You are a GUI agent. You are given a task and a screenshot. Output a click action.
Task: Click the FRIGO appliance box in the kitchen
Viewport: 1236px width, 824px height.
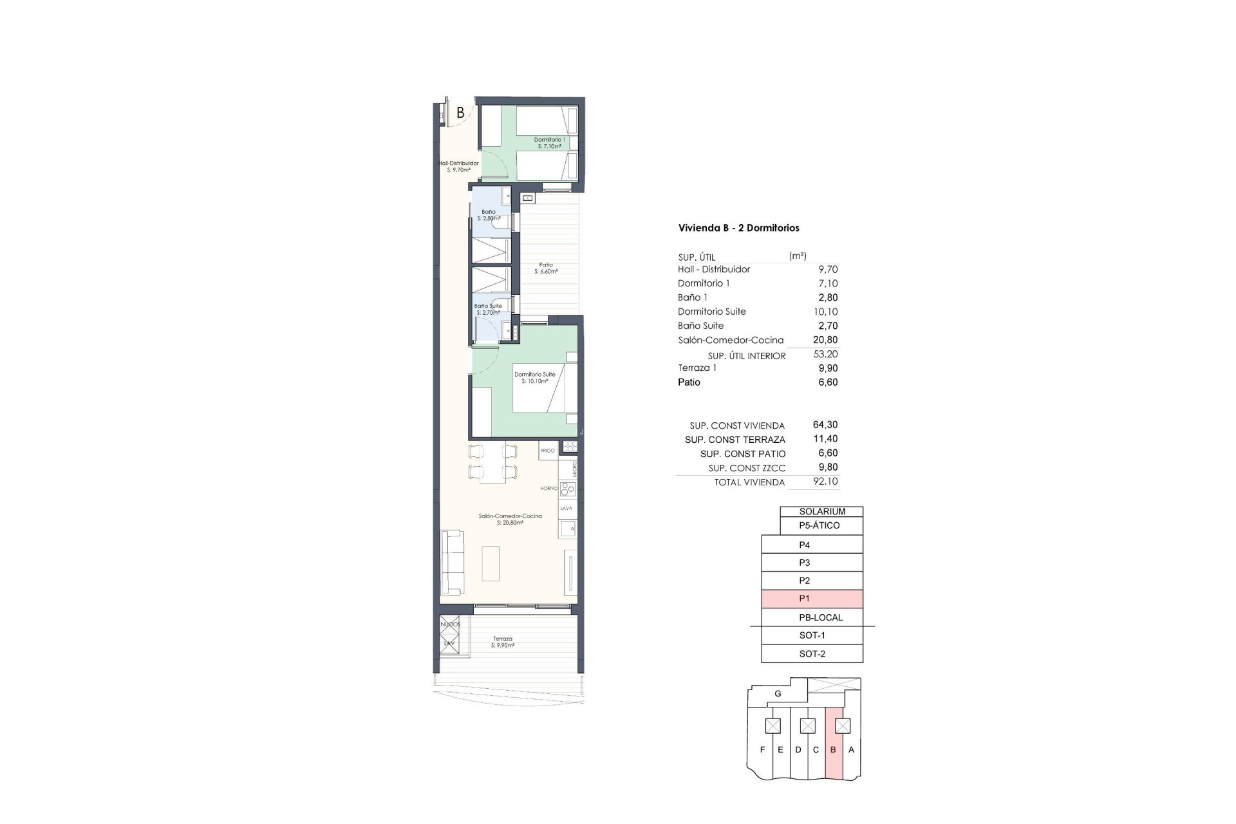click(x=548, y=451)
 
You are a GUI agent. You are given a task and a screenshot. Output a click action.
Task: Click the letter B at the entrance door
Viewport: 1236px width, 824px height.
click(x=460, y=113)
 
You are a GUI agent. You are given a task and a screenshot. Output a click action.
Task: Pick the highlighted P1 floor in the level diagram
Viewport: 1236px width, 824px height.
click(x=812, y=599)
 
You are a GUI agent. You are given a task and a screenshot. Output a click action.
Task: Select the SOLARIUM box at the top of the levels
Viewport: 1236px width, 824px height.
click(x=821, y=512)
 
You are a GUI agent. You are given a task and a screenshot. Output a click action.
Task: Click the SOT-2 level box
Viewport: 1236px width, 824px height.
click(x=812, y=654)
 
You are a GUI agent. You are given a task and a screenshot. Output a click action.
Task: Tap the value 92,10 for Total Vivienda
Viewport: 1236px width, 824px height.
click(x=825, y=482)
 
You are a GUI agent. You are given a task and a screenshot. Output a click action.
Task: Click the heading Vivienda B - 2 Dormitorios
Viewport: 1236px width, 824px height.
click(x=738, y=228)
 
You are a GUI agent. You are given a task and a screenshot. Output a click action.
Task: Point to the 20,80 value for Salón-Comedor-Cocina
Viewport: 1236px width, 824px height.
click(x=827, y=340)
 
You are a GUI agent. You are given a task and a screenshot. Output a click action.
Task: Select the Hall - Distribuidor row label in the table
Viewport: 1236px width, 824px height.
click(x=713, y=269)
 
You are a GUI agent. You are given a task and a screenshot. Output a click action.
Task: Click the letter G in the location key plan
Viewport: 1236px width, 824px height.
click(x=778, y=694)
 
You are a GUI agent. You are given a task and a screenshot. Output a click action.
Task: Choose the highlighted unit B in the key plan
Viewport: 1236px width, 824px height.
click(x=834, y=750)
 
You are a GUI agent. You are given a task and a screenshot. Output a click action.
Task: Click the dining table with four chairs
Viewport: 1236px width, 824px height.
click(x=492, y=462)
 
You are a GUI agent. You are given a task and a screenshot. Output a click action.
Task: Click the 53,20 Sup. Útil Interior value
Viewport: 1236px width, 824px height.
click(x=825, y=354)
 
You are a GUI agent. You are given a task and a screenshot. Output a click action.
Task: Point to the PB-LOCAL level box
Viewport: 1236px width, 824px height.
click(x=812, y=617)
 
